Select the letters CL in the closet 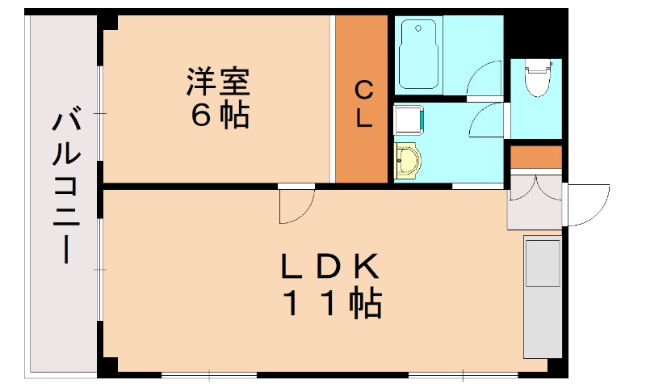pos(363,103)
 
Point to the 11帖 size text pos(331,304)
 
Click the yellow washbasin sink pos(408,161)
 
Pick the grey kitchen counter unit pos(542,296)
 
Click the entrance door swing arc pos(587,205)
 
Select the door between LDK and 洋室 pos(296,204)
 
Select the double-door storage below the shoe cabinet pos(534,199)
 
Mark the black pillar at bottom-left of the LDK pos(107,367)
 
